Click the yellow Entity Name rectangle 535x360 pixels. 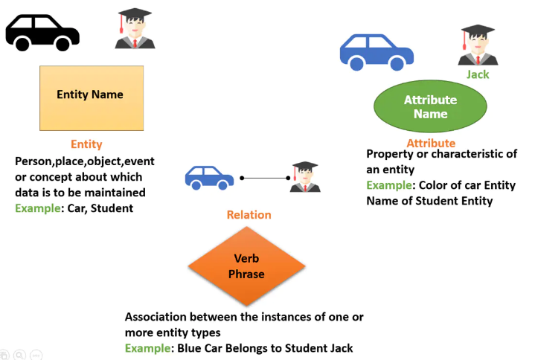92,98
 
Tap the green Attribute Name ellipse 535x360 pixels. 430,106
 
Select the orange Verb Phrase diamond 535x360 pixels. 246,266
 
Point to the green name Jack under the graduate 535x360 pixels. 478,74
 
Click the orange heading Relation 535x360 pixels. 249,215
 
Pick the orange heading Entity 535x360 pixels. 86,144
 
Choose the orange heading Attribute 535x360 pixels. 431,143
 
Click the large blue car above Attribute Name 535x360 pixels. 377,53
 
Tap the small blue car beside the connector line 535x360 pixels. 209,178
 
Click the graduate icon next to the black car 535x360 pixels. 135,28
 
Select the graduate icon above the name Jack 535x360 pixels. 478,45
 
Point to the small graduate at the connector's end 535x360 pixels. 305,177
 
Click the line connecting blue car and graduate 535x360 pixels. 265,178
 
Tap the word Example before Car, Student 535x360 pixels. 38,208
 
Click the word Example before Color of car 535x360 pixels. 389,185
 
